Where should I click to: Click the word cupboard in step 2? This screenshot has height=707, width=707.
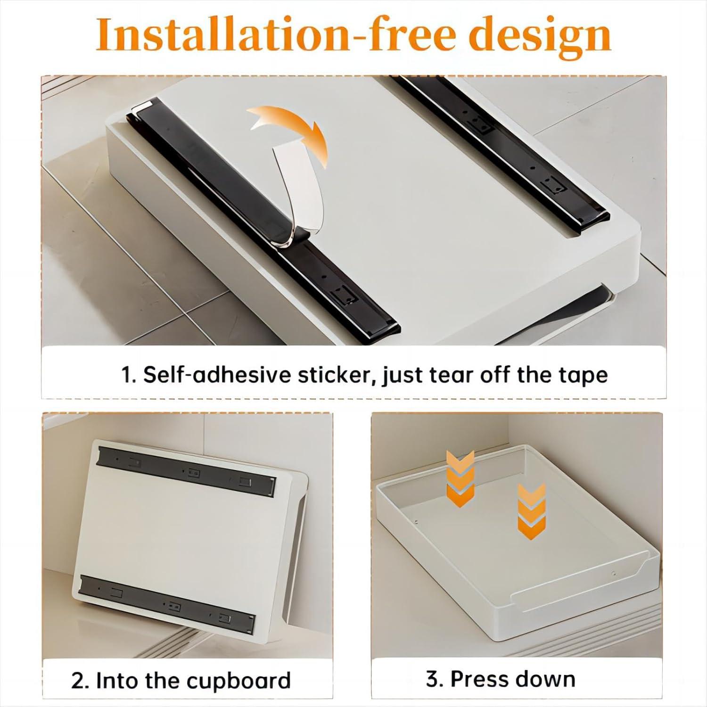pyautogui.click(x=238, y=681)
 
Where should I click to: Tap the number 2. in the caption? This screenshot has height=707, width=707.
pyautogui.click(x=80, y=681)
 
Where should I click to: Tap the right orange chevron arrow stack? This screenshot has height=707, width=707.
pyautogui.click(x=531, y=511)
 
